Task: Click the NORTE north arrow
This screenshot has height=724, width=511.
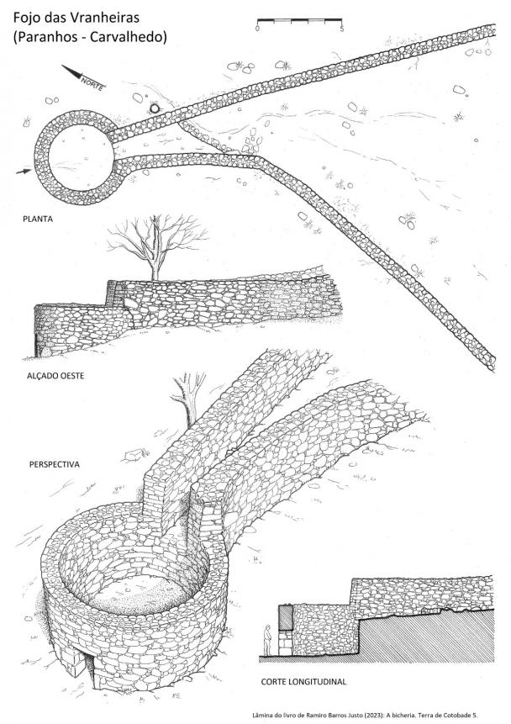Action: [83, 77]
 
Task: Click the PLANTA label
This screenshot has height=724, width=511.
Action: [38, 219]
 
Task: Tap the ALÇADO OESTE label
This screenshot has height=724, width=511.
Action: [55, 376]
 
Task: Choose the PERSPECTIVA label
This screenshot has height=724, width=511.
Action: [55, 464]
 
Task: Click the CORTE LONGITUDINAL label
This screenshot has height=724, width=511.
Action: [303, 681]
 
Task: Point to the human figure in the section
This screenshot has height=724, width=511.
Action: [267, 640]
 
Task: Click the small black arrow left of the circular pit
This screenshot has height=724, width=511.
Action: [23, 172]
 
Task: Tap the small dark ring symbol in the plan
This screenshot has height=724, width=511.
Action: [154, 108]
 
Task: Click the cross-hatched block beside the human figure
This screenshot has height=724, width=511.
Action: [286, 618]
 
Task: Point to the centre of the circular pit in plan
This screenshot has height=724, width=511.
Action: [81, 157]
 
